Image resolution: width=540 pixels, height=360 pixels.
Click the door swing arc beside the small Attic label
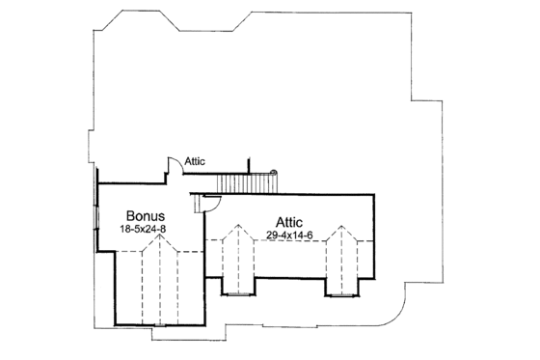pos(172,165)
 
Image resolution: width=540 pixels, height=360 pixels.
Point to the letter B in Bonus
pos(129,215)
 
